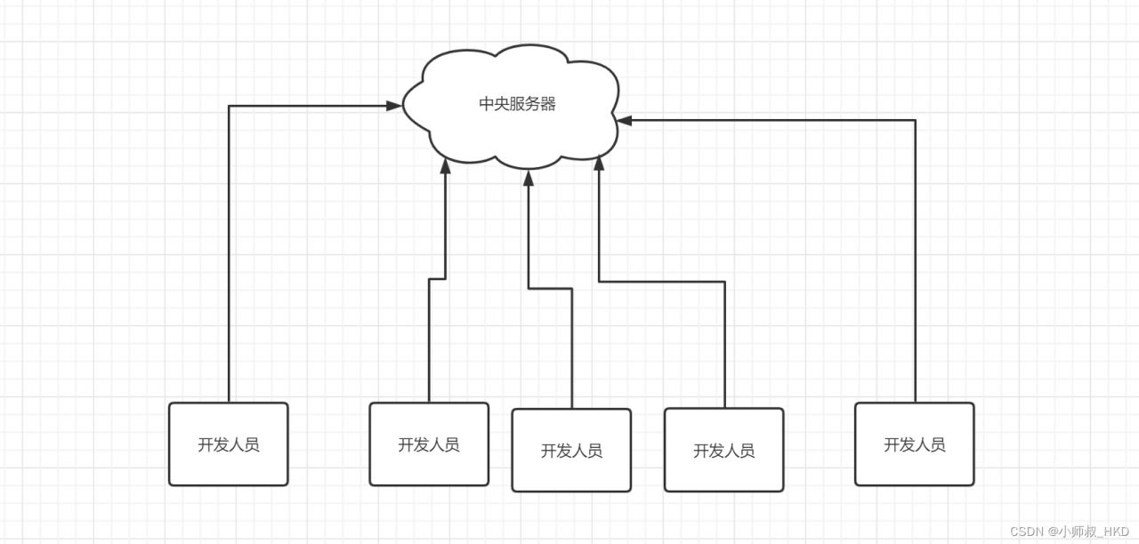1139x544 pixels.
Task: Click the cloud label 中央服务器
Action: [517, 104]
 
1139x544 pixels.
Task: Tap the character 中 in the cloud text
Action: [487, 104]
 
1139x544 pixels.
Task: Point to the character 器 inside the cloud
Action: [548, 104]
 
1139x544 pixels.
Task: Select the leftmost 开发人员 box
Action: [229, 444]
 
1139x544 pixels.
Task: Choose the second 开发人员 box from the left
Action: [429, 444]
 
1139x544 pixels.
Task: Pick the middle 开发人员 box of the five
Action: [571, 451]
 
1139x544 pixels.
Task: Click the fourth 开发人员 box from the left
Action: [724, 451]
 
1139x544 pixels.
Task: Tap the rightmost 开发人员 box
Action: [915, 444]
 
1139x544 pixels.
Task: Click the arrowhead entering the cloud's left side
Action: [394, 106]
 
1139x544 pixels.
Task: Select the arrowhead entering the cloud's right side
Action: [624, 120]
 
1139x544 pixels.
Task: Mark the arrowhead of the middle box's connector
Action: [529, 178]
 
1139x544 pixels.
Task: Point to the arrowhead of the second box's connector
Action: [446, 165]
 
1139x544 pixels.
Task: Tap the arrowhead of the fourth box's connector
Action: [599, 163]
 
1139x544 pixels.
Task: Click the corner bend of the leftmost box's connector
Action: [230, 107]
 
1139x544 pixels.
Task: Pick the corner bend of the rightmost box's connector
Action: [915, 120]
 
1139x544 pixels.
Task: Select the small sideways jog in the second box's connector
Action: [437, 279]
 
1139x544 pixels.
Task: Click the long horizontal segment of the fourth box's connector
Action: [662, 282]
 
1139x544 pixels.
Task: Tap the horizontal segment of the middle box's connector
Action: [550, 288]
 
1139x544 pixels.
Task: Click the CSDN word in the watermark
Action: [1026, 532]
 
